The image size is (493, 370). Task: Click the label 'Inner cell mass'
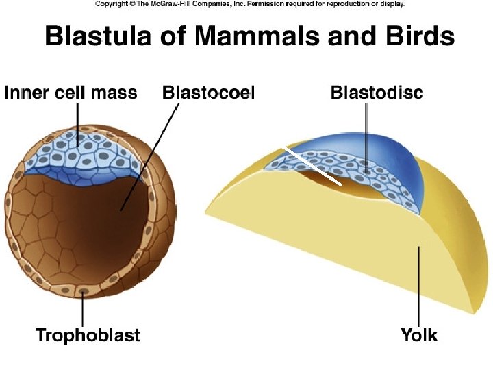pyautogui.click(x=71, y=92)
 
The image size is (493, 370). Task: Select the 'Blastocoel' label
pyautogui.click(x=208, y=92)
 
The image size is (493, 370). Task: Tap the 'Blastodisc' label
pyautogui.click(x=376, y=92)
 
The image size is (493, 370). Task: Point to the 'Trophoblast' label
pyautogui.click(x=88, y=335)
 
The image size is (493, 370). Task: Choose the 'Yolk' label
pyautogui.click(x=418, y=335)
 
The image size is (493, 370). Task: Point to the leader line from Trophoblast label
pyautogui.click(x=83, y=308)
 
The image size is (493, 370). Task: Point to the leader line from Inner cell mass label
pyautogui.click(x=77, y=123)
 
